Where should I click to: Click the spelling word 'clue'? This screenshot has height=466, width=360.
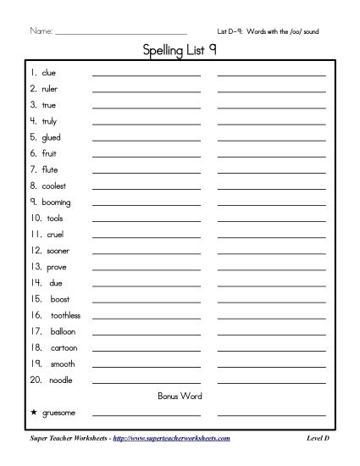(x=48, y=73)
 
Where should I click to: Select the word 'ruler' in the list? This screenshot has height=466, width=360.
(x=49, y=89)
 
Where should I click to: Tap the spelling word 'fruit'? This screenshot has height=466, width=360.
(x=49, y=153)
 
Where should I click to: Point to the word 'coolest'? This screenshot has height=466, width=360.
(x=53, y=186)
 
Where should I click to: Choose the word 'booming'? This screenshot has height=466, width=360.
(x=56, y=202)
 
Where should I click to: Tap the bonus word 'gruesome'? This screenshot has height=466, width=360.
(x=58, y=413)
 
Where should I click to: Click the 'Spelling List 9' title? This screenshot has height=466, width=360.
(x=179, y=51)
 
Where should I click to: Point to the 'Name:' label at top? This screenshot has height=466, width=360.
(x=41, y=32)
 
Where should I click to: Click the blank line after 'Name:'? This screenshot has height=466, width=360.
(x=119, y=34)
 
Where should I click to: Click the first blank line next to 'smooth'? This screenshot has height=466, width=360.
(x=146, y=365)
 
